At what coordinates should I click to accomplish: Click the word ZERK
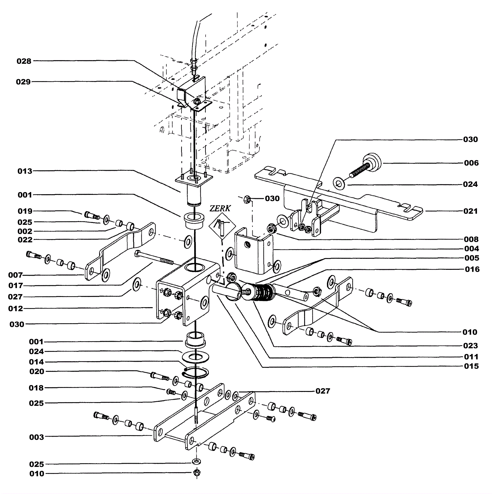(x=220, y=208)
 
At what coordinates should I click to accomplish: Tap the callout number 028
(x=24, y=61)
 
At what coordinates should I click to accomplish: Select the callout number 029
(x=23, y=82)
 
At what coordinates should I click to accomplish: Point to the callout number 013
(x=25, y=171)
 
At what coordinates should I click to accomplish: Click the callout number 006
(x=471, y=163)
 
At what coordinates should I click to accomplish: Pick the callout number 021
(x=471, y=211)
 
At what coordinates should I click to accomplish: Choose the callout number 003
(x=37, y=437)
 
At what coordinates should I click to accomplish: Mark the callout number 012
(x=16, y=308)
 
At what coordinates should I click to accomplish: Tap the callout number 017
(x=16, y=286)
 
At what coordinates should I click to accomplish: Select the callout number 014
(x=37, y=362)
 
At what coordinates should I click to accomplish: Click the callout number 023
(x=471, y=346)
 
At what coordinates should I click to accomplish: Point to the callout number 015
(x=471, y=366)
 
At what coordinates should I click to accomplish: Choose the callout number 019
(x=25, y=211)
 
